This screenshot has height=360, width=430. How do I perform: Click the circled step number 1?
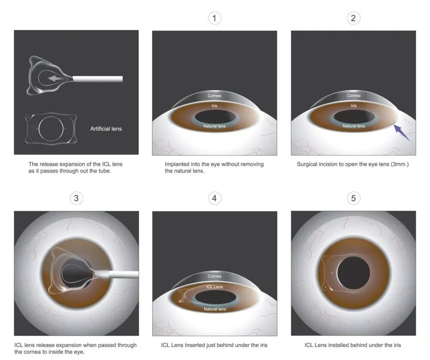pos(215,18)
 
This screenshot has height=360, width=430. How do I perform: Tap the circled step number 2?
pos(353,18)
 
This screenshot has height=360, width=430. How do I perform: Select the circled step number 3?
pos(76,198)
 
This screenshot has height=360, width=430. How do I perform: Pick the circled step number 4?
pos(215,198)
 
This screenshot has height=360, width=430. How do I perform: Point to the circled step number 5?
pos(353,198)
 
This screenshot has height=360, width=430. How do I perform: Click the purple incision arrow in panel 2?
pos(402,133)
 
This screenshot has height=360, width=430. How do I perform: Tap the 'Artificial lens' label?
pos(106,129)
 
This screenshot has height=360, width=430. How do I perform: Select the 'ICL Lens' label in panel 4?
pos(215,287)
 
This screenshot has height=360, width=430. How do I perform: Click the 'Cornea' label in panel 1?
pos(215,96)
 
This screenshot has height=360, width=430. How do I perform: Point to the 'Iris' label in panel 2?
pos(353,106)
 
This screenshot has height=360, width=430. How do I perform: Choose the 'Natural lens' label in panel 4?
pos(215,309)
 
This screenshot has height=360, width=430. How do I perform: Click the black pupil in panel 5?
pos(353,273)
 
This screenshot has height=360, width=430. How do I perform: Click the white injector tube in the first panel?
pos(98,79)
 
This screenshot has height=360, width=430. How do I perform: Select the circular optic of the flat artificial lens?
pos(51,128)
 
